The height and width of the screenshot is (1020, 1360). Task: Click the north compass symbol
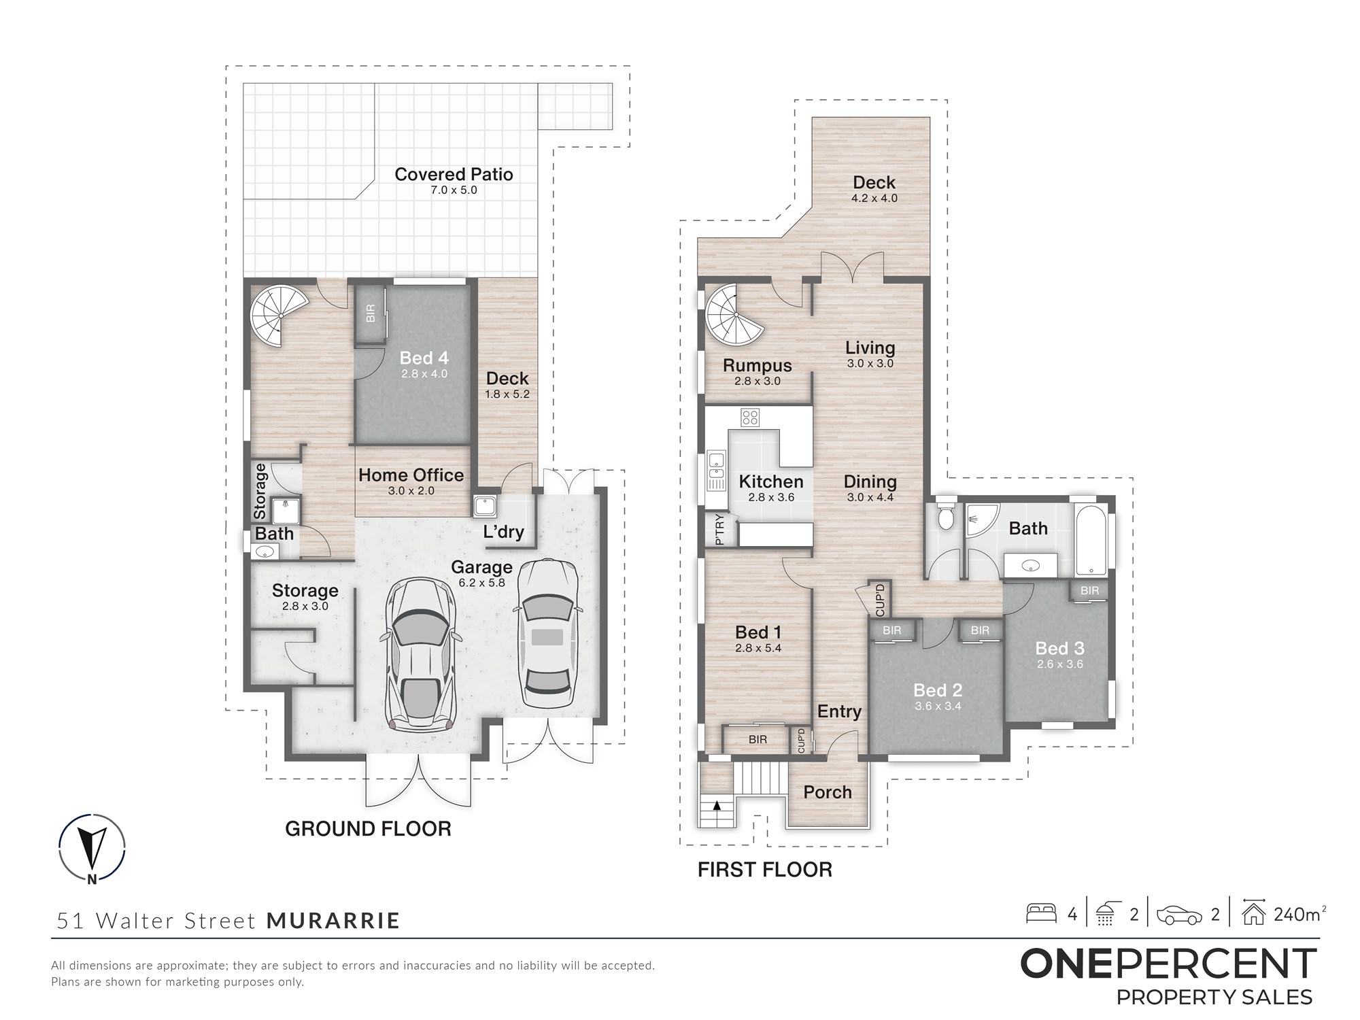click(x=92, y=849)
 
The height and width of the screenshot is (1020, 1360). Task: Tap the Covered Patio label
click(x=454, y=174)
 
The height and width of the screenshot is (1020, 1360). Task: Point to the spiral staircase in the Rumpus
click(x=735, y=316)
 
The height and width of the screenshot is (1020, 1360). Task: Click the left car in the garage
click(x=421, y=655)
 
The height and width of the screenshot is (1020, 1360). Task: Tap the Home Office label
click(x=411, y=475)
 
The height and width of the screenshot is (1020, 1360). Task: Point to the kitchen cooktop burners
click(x=750, y=418)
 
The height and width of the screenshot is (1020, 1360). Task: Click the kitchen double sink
click(x=716, y=471)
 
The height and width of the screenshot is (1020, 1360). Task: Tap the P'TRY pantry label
click(x=719, y=530)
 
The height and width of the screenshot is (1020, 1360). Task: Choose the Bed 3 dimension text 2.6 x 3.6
click(x=1060, y=664)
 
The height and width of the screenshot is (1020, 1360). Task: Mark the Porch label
click(x=828, y=792)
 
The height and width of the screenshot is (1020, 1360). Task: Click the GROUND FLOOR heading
click(x=368, y=828)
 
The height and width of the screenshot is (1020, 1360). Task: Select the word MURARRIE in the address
click(x=333, y=920)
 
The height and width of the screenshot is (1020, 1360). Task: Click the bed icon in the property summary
click(x=1041, y=913)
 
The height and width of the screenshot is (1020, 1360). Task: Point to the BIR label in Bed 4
click(x=371, y=313)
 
